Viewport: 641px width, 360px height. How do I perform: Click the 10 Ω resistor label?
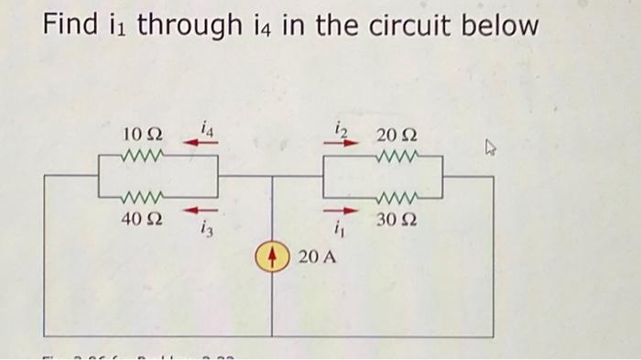(141, 136)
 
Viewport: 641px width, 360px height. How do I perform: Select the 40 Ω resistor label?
(140, 220)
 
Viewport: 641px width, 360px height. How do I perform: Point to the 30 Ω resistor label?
(397, 221)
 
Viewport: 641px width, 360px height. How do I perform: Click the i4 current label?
(207, 130)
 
